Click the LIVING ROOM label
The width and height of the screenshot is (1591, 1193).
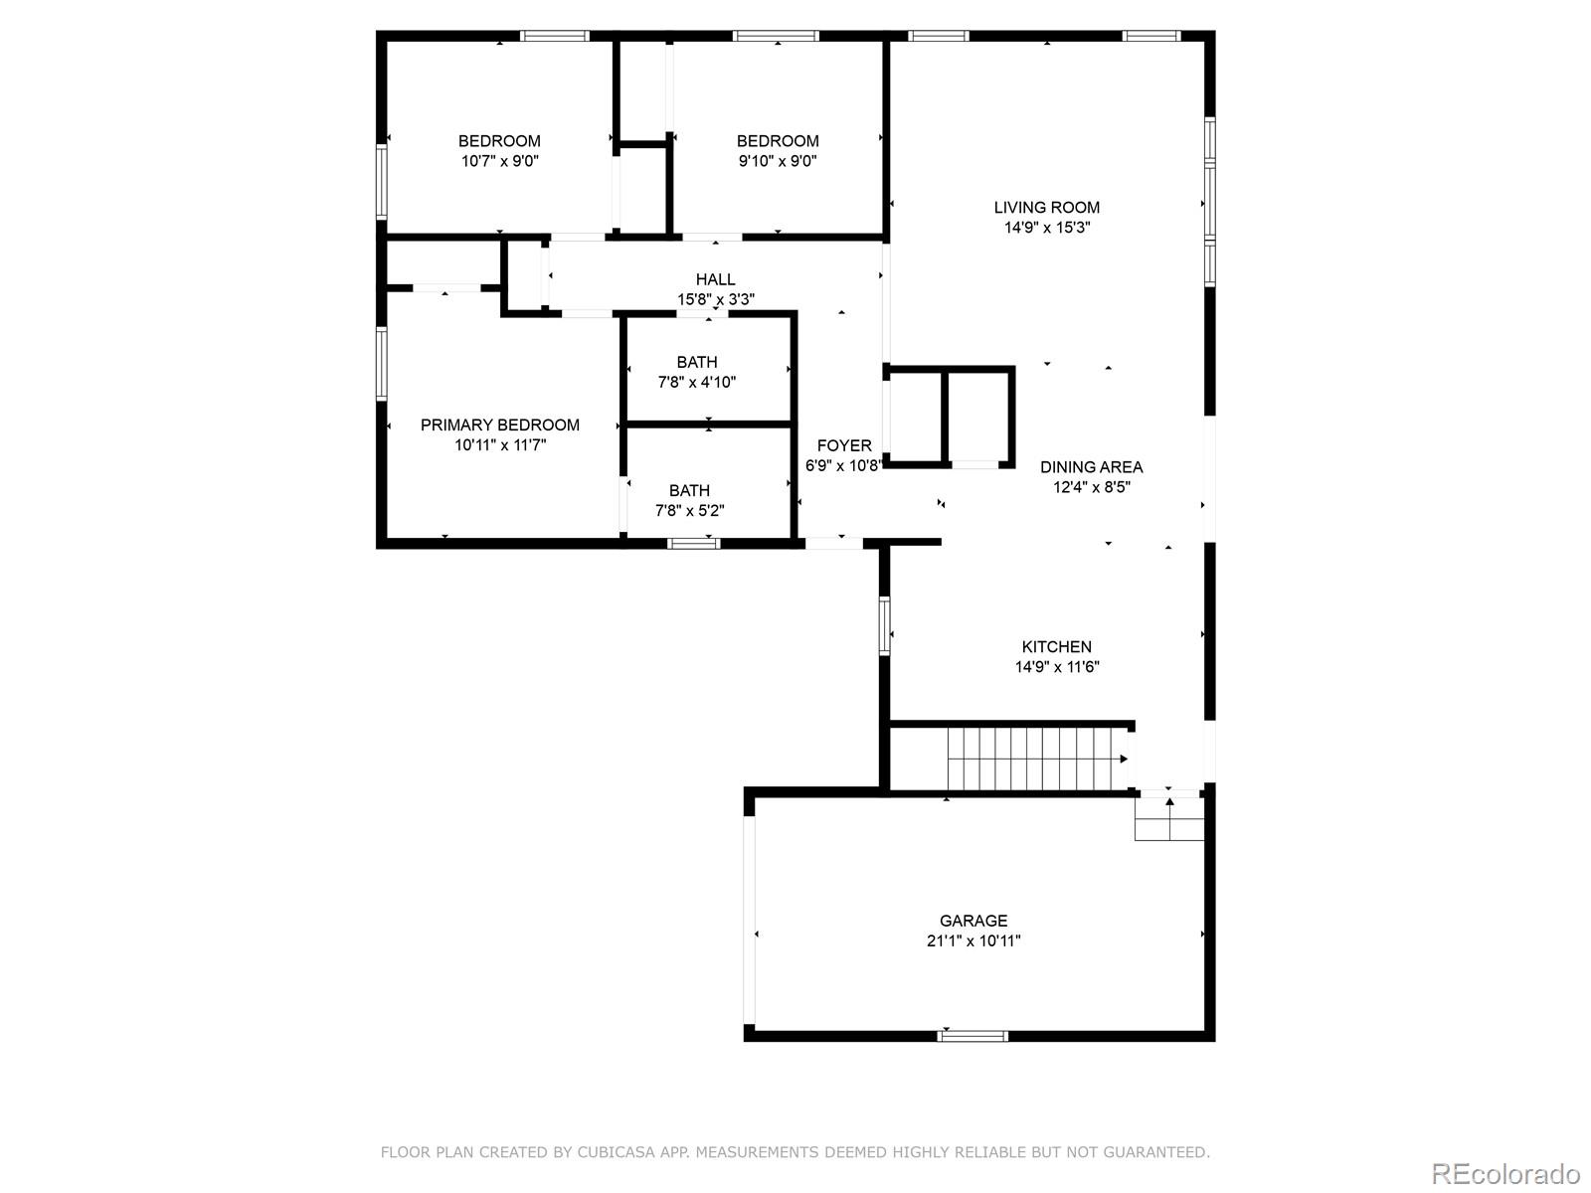[1046, 207]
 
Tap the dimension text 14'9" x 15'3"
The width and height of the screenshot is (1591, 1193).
[1046, 228]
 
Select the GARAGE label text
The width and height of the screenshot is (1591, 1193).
[973, 921]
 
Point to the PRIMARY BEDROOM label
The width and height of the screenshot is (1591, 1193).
[499, 425]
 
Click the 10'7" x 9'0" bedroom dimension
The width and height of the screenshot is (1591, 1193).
[499, 161]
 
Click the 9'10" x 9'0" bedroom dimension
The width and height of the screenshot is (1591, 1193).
[778, 161]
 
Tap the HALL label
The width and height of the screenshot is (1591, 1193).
[715, 279]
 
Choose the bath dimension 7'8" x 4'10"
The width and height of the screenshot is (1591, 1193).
[696, 382]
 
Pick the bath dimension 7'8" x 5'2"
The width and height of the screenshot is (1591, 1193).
[689, 511]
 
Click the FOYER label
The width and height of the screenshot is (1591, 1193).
[843, 445]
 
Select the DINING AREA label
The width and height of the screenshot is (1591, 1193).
[1091, 466]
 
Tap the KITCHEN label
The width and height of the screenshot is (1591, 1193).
[1056, 646]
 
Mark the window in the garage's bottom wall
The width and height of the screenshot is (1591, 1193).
[972, 1036]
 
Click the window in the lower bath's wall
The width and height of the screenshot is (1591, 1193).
[693, 543]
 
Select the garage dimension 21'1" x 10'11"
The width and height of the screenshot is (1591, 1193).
[973, 940]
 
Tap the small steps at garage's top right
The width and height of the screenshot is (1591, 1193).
[1168, 817]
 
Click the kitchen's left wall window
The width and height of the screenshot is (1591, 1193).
[883, 625]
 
